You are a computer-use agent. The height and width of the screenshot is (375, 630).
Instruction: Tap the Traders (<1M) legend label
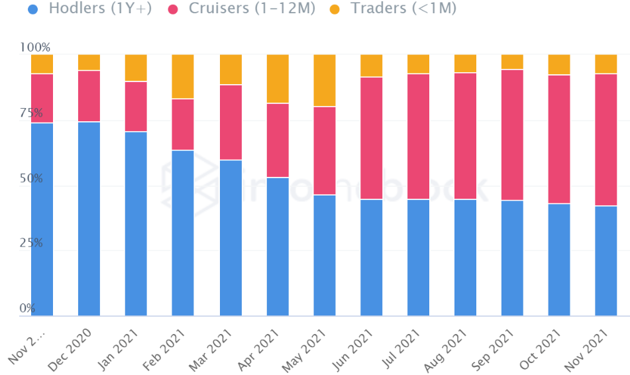coord(403,9)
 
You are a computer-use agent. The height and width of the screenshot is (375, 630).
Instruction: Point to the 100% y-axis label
coord(35,48)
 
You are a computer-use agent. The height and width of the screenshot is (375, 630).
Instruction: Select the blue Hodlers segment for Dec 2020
coord(89,219)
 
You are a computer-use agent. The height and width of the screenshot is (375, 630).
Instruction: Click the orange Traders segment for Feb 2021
coord(183,76)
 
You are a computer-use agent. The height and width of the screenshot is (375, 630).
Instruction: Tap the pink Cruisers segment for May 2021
coord(324,150)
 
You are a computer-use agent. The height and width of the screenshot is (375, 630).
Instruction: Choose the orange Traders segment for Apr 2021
coord(277,79)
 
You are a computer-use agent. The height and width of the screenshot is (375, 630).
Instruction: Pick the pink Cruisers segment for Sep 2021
coord(512,134)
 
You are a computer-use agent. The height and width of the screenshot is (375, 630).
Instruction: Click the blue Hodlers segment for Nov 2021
coord(606,260)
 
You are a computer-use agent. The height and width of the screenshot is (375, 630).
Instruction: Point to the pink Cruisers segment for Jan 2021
coord(136,106)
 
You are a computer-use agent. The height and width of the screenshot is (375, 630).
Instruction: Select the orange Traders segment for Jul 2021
coord(418,64)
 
